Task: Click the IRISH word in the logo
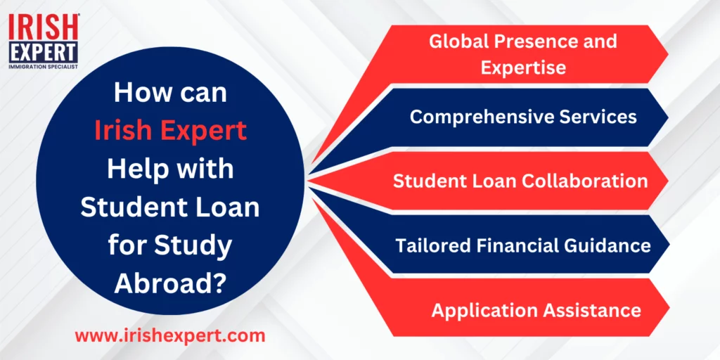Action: point(44,27)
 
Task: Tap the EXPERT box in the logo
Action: point(44,53)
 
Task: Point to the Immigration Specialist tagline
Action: point(44,67)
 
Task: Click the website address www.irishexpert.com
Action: point(170,335)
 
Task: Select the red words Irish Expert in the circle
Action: point(171,131)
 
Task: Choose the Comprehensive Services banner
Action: point(505,117)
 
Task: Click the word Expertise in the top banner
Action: point(523,68)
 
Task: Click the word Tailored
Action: point(433,245)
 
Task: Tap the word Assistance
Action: point(593,311)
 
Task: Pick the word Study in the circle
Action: point(193,246)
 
